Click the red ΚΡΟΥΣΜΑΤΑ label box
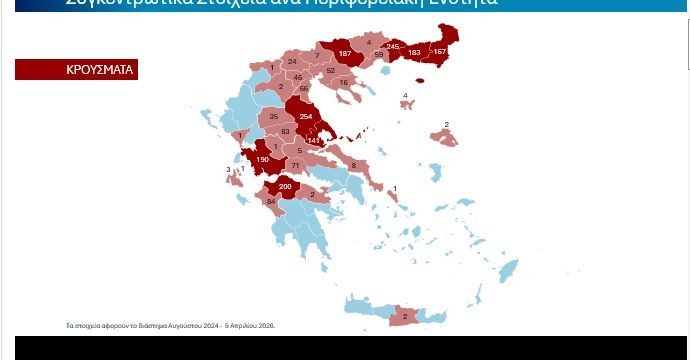[x=75, y=70]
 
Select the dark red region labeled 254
[x=306, y=116]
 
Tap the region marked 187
[x=345, y=54]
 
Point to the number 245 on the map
[x=393, y=47]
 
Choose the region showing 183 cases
[x=414, y=52]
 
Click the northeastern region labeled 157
[x=439, y=51]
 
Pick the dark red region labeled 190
[x=262, y=159]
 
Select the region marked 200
[x=285, y=187]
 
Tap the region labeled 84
[x=270, y=202]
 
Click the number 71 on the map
[x=295, y=164]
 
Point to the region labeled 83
[x=285, y=131]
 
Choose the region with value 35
[x=273, y=118]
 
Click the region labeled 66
[x=304, y=89]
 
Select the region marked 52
[x=330, y=71]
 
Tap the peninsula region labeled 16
[x=344, y=82]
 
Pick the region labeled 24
[x=292, y=62]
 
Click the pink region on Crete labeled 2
[x=403, y=316]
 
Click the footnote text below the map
[x=170, y=326]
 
